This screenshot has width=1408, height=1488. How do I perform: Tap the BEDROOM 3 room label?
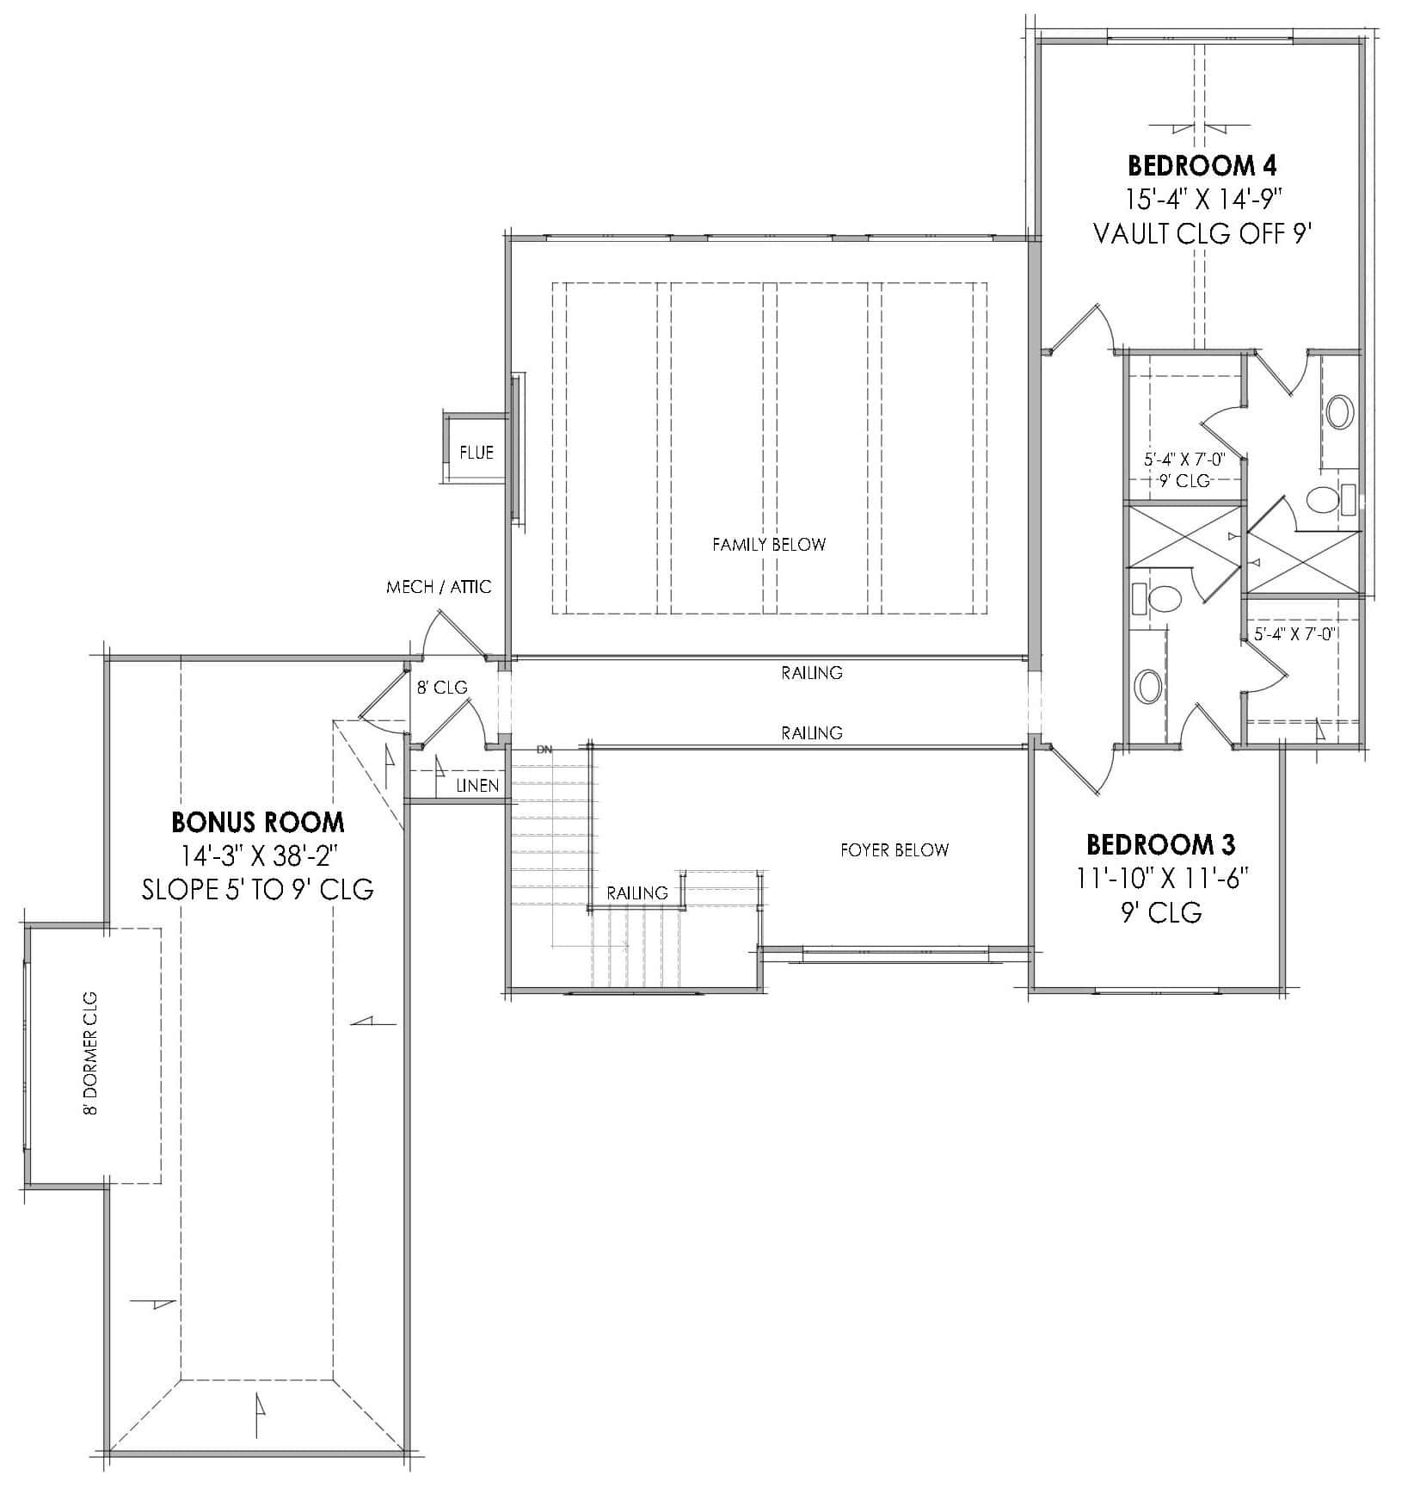tap(1161, 843)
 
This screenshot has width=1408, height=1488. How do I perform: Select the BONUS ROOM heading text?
tap(258, 822)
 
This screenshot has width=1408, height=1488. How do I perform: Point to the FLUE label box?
tap(476, 453)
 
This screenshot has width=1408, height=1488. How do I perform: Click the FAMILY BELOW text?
tap(768, 544)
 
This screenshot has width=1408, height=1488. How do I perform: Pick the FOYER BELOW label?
tap(895, 849)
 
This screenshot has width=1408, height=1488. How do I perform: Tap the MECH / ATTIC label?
tap(439, 587)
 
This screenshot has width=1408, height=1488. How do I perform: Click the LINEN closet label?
tap(477, 786)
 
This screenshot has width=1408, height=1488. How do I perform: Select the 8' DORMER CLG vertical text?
tap(90, 1053)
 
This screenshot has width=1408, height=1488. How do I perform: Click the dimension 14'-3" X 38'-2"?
tap(258, 856)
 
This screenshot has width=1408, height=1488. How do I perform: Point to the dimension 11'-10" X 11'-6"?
tap(1161, 878)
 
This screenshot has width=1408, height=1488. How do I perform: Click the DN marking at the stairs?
tap(544, 750)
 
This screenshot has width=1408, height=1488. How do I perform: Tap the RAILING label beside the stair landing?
tap(636, 892)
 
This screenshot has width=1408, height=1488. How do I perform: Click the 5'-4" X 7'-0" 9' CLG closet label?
tap(1183, 469)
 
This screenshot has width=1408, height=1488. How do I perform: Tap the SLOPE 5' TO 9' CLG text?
tap(258, 889)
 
